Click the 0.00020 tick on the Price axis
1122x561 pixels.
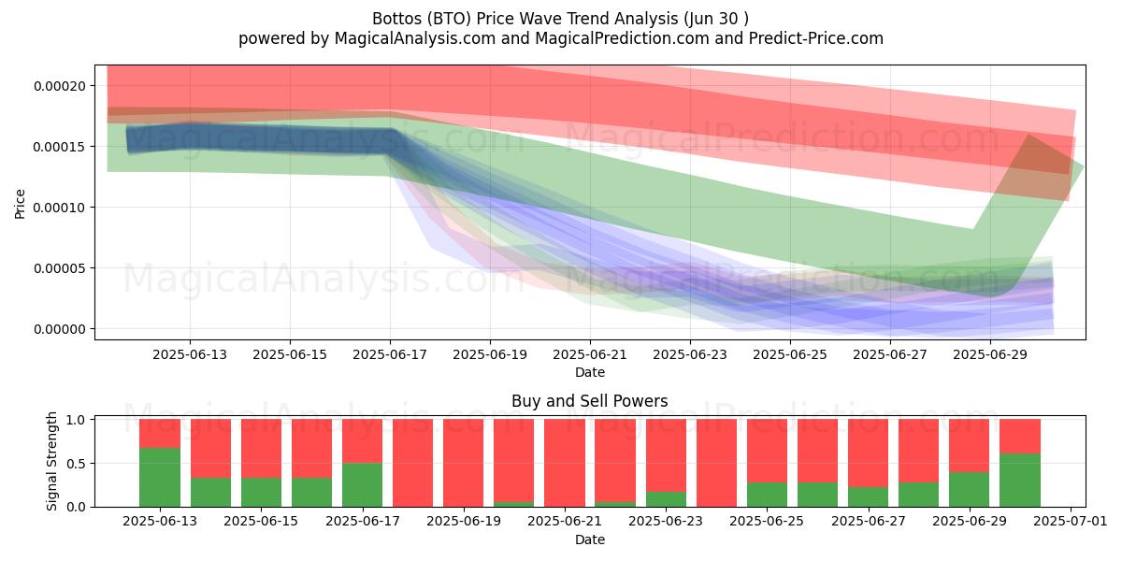coord(60,86)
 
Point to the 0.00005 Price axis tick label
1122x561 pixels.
coord(60,268)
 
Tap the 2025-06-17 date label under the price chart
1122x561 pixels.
coord(390,354)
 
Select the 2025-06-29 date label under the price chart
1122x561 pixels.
coord(990,354)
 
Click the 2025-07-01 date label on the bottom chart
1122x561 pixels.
coord(1071,521)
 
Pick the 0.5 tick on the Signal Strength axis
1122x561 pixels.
coord(76,464)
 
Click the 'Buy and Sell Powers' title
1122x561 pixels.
coord(590,401)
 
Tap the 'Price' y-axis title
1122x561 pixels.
coord(20,204)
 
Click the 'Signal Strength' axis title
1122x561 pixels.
coord(51,461)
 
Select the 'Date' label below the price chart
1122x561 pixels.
coord(590,372)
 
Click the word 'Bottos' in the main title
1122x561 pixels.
coord(397,19)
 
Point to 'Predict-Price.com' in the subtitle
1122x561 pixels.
coord(816,38)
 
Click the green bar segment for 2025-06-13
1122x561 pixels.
coord(160,478)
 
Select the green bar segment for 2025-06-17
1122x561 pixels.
coord(362,485)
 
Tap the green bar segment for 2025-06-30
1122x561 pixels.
coord(1020,481)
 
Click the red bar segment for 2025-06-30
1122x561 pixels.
coord(1020,437)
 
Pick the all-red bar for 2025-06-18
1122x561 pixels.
coord(412,463)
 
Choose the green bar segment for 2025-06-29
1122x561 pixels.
coord(970,489)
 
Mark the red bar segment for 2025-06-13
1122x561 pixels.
coord(160,433)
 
